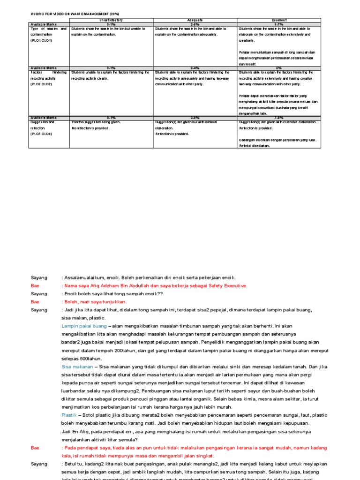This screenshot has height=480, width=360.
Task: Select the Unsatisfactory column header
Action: pos(111,20)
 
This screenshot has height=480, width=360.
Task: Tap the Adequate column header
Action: pos(195,20)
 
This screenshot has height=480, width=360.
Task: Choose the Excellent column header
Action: pos(279,20)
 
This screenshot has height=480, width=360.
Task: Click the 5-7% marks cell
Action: pos(279,24)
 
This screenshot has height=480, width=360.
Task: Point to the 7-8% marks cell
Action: pos(279,118)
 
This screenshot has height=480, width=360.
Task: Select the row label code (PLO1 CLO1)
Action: pos(41,41)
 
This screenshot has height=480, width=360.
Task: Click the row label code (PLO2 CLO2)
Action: pos(41,84)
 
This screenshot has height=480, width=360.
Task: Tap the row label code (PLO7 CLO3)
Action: pos(41,134)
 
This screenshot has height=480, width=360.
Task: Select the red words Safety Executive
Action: pos(227,285)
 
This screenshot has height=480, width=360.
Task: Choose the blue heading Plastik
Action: pos(69,415)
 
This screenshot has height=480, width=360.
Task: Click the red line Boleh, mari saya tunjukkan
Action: pos(95,302)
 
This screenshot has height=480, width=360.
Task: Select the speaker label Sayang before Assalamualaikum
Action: pos(39,277)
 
